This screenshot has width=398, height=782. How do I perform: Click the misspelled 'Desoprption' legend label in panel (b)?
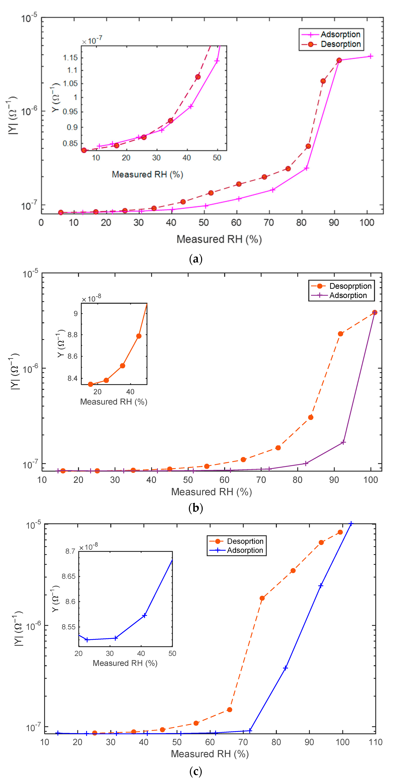coord(350,286)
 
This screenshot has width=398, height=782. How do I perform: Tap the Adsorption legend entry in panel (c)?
coord(245,550)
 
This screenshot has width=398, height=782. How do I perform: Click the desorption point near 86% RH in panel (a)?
coord(323,81)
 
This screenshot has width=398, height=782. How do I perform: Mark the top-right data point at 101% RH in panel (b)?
coord(375,312)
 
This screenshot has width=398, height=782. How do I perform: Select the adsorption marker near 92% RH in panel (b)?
coord(343,442)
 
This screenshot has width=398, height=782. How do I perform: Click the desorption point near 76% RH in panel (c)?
coord(262,598)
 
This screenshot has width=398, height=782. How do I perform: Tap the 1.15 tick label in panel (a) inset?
coord(70,58)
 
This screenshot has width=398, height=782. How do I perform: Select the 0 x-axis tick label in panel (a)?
coord(41,223)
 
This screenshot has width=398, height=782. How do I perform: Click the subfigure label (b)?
coord(196,508)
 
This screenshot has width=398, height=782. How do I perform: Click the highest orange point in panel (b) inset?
coord(139,336)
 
